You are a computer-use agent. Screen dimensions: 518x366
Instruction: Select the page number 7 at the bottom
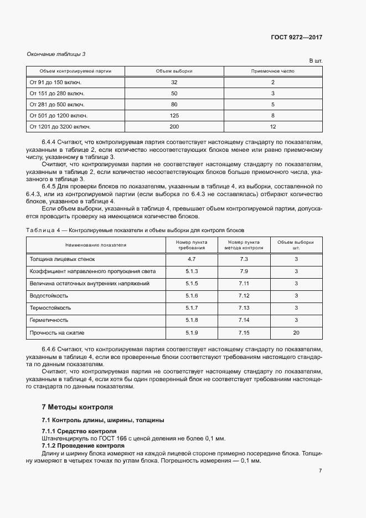320,470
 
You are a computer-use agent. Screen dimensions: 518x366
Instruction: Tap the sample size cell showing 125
174,115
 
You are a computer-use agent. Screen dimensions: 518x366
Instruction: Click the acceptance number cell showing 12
272,127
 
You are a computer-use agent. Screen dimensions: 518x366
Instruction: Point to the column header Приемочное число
272,71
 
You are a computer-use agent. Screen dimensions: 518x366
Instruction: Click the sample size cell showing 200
174,127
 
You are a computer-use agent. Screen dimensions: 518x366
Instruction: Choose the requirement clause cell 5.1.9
192,332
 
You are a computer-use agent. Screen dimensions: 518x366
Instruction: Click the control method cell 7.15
244,332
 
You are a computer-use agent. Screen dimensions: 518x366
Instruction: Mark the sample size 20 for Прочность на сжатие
296,332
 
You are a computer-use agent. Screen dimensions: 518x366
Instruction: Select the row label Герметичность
49,320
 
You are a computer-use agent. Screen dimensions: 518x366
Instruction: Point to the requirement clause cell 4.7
192,259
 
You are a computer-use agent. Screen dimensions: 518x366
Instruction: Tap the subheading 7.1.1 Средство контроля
79,431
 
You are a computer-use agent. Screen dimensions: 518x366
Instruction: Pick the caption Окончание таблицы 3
56,54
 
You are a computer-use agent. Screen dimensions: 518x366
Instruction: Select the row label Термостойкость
50,308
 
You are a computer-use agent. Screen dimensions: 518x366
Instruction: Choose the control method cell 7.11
244,284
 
